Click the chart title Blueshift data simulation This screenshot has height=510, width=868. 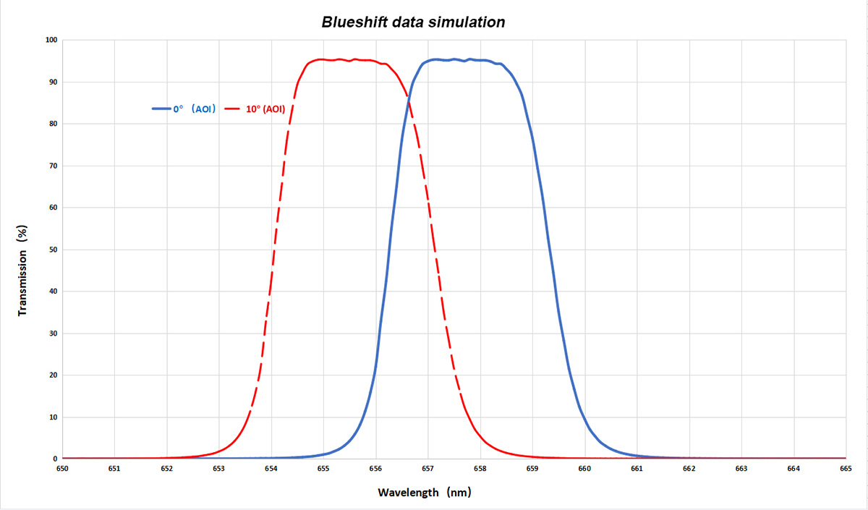pyautogui.click(x=413, y=22)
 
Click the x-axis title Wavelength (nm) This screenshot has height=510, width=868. pyautogui.click(x=424, y=493)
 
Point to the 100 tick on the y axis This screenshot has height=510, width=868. pyautogui.click(x=51, y=40)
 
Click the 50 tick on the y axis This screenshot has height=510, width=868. pyautogui.click(x=53, y=250)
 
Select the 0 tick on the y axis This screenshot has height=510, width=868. pyautogui.click(x=55, y=459)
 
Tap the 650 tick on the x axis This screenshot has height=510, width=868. pyautogui.click(x=62, y=469)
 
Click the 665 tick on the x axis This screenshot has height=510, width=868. pyautogui.click(x=846, y=469)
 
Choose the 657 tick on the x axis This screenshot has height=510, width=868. pyautogui.click(x=427, y=469)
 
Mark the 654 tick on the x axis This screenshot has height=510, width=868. pyautogui.click(x=271, y=469)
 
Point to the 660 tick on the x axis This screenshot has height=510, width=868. pyautogui.click(x=584, y=469)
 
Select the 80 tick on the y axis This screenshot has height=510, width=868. pyautogui.click(x=53, y=124)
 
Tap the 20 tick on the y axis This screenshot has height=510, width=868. pyautogui.click(x=53, y=375)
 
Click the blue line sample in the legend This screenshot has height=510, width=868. pyautogui.click(x=161, y=109)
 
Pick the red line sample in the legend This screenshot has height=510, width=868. pyautogui.click(x=233, y=109)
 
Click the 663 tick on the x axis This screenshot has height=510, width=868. pyautogui.click(x=741, y=469)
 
